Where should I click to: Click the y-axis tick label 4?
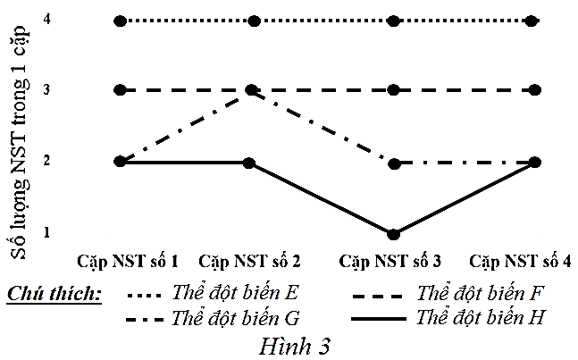coord(45,20)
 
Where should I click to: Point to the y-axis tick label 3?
coord(45,89)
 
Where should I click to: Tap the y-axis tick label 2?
coord(45,161)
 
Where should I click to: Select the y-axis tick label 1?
coord(45,233)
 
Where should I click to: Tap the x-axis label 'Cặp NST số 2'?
coord(249,262)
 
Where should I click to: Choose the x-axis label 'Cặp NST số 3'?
coord(390,262)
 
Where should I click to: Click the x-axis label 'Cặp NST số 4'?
coord(520,262)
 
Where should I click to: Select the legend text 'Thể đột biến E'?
coord(234,293)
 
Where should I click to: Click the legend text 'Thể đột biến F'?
coord(481,293)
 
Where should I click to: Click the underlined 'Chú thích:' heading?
coord(53,294)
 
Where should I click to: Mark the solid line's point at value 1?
coord(394,234)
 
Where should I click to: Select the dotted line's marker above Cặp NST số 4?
coord(534,21)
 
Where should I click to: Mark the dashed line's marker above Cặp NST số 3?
coord(394,90)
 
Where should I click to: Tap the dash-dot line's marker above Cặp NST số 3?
coord(394,163)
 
